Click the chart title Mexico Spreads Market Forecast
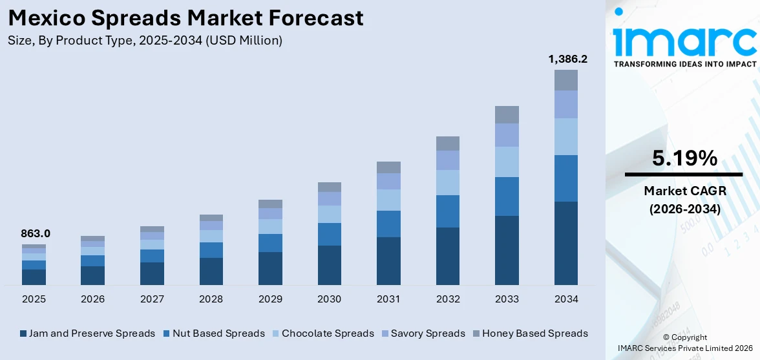click(x=185, y=17)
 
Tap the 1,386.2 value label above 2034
click(x=567, y=59)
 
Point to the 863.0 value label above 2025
click(x=36, y=233)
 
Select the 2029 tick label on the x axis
click(x=270, y=299)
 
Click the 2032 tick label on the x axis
click(x=448, y=299)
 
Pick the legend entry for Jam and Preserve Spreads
click(x=87, y=334)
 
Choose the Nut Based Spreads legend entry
click(x=214, y=334)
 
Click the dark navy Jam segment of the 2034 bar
click(x=566, y=243)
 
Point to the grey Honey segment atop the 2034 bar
click(x=566, y=80)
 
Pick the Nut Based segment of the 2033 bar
click(x=507, y=196)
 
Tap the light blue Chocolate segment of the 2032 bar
click(x=448, y=182)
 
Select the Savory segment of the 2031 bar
click(x=388, y=181)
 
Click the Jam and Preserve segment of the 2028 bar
click(x=211, y=271)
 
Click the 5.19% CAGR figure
click(x=684, y=158)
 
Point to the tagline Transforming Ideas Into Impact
click(x=684, y=64)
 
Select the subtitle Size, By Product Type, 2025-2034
click(x=145, y=41)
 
